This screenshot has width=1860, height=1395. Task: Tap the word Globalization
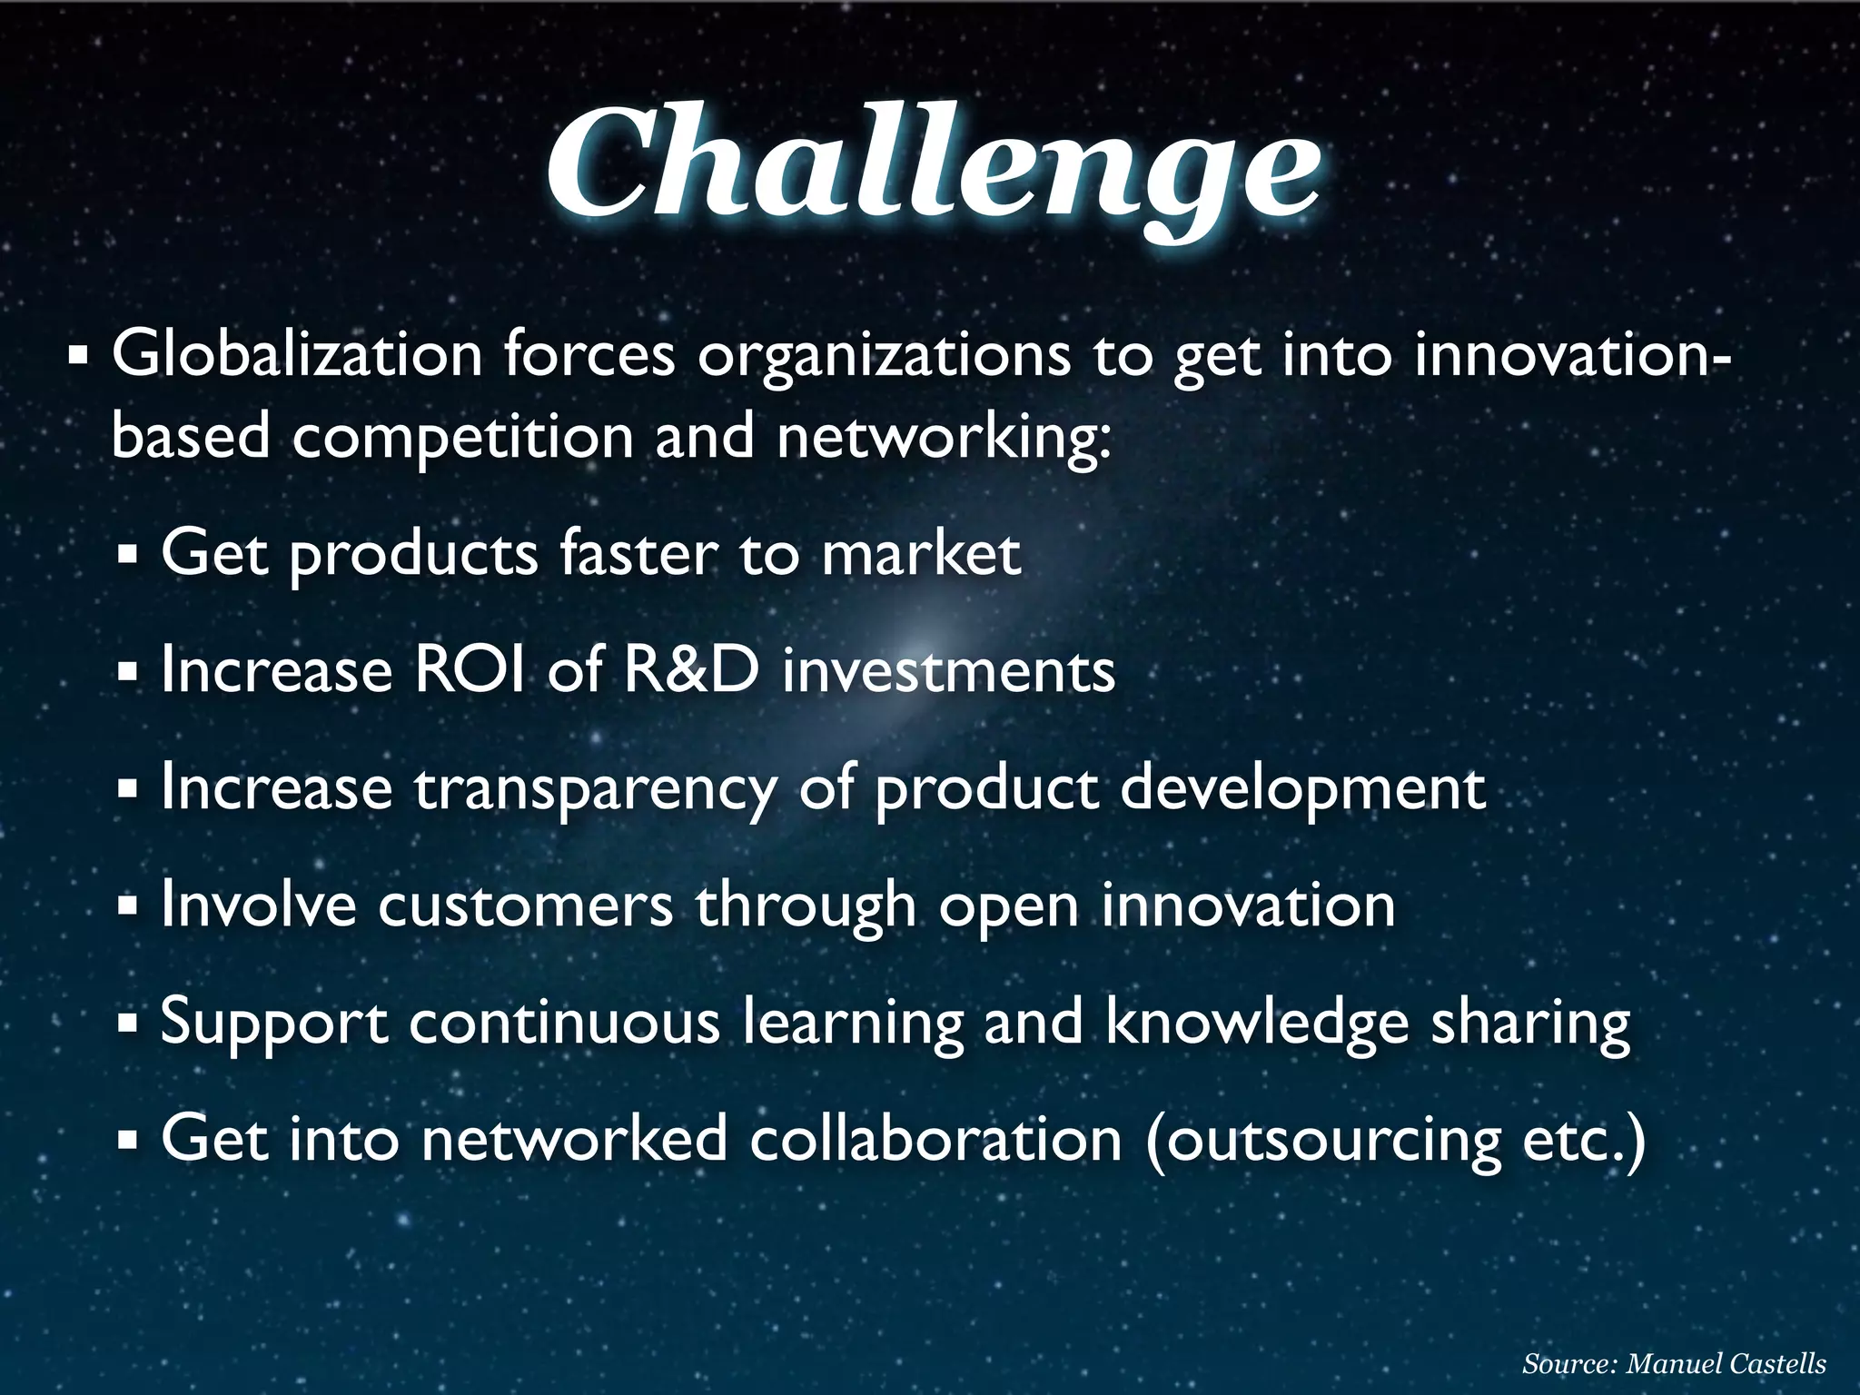pos(297,356)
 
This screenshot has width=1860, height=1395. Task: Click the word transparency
pos(596,790)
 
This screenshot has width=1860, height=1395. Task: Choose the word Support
pos(274,1024)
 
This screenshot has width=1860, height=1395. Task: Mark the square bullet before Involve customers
pos(127,905)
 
